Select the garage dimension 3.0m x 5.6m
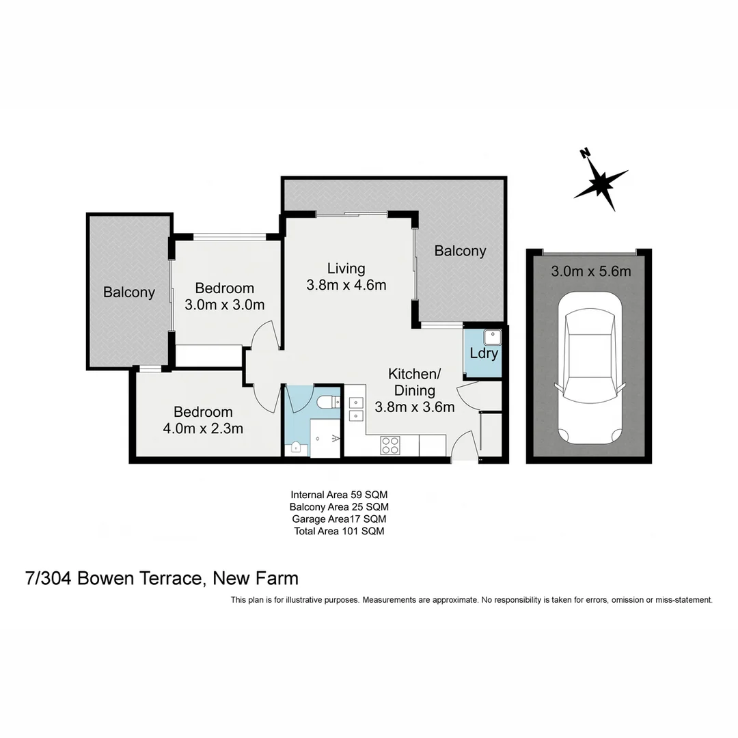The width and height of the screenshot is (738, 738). coord(590,271)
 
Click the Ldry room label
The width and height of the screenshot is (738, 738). coord(484,354)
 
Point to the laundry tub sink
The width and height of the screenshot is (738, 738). coord(492,336)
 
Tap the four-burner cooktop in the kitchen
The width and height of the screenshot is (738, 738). coord(390,445)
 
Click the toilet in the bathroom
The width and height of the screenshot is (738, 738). coord(329,401)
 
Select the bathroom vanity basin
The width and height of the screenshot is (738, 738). coord(297,448)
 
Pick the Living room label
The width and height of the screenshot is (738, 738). coord(346,268)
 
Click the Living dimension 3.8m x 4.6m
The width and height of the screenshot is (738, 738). coord(346,285)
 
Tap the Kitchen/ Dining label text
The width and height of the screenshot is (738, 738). coord(415,383)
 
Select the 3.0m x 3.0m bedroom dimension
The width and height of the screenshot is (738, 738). coord(224,305)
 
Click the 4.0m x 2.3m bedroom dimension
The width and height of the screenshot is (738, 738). coord(203,429)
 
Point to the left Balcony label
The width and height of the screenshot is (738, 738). coord(129,292)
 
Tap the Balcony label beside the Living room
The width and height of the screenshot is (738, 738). coord(460,251)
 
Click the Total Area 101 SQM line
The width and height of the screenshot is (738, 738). coord(339,531)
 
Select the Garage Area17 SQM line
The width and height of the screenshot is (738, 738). coord(339,519)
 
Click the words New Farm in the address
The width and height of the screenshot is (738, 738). coord(256,578)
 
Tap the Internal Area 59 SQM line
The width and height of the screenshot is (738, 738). coord(339,494)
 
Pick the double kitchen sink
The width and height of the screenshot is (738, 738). coord(355,408)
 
